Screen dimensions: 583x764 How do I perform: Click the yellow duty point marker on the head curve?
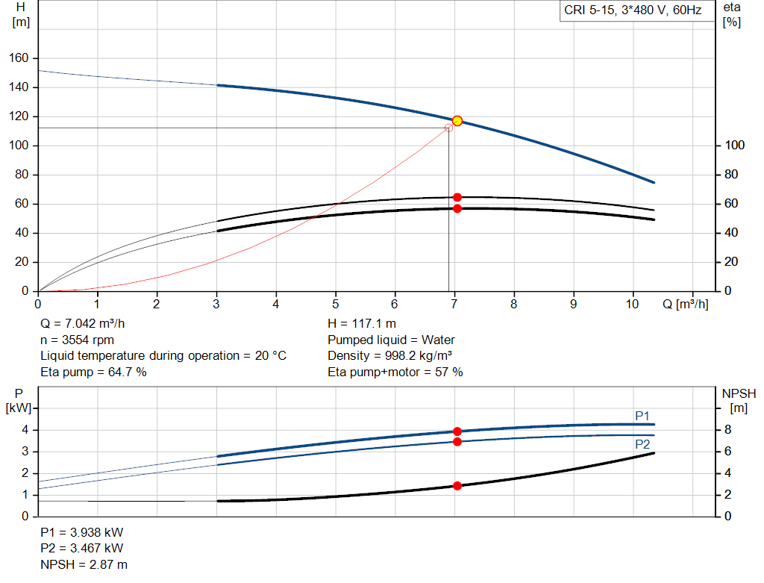[457, 121]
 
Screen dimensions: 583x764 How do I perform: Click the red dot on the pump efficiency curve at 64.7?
[457, 197]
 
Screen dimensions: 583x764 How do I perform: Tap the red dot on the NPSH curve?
[457, 486]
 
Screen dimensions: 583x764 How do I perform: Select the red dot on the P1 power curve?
[457, 431]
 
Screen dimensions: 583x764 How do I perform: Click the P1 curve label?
[642, 416]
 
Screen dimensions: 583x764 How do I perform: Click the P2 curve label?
[642, 444]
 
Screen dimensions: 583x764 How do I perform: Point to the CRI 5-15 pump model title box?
[633, 11]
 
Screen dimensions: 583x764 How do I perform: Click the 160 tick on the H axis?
[19, 58]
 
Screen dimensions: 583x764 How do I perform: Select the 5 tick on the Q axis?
[336, 304]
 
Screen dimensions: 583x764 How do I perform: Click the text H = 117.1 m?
[362, 324]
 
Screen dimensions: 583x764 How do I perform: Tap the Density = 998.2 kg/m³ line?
[390, 355]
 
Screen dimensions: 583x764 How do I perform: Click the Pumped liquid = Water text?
[391, 340]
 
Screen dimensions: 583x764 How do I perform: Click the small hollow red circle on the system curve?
[449, 128]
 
